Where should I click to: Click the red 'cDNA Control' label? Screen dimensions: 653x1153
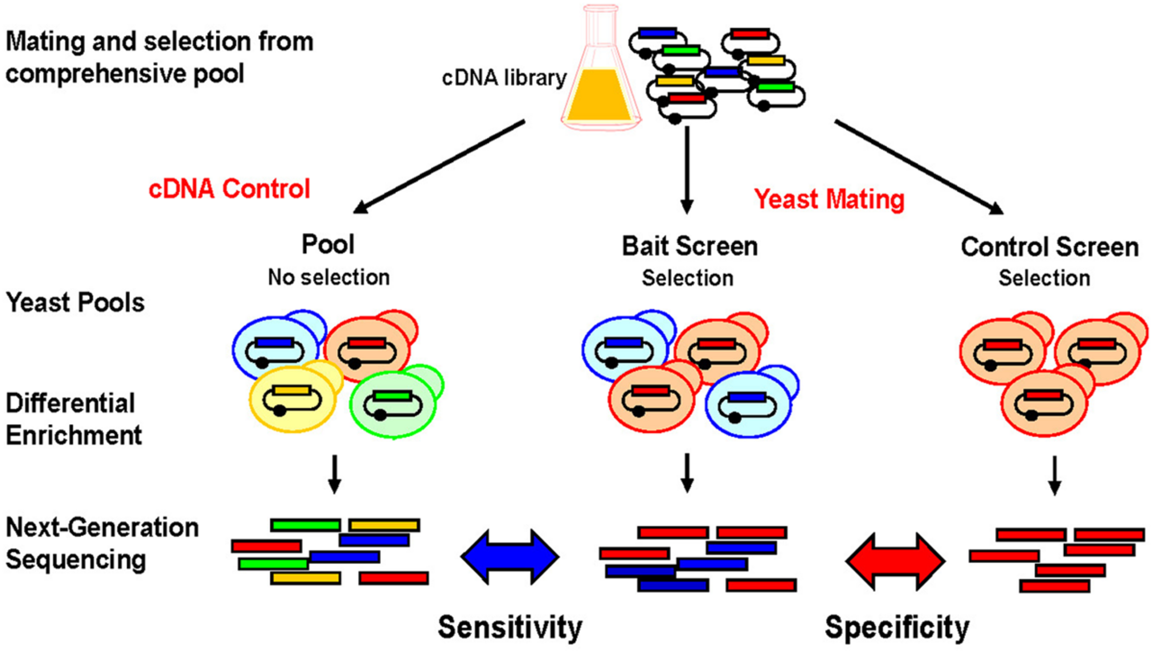point(229,189)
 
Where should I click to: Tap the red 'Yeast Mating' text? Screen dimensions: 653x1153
point(829,200)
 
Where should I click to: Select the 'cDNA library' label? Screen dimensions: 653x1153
point(504,78)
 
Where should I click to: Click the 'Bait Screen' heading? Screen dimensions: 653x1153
point(689,246)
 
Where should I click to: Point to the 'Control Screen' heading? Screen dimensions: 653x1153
point(1050,247)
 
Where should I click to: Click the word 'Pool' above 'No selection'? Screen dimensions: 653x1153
point(328,244)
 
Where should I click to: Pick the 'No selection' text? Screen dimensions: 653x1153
point(329,277)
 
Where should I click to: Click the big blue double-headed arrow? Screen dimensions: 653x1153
point(510,557)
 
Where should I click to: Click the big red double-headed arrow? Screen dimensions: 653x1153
point(895,561)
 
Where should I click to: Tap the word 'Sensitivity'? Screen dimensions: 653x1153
point(510,627)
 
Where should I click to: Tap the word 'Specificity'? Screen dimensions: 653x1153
point(897,627)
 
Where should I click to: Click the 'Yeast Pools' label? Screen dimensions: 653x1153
point(75,303)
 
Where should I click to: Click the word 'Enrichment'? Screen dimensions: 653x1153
point(74,435)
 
